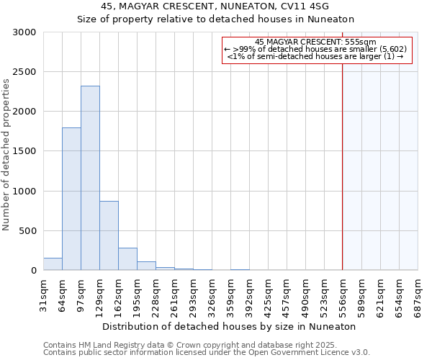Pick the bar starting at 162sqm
click(127, 259)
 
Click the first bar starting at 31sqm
click(53, 264)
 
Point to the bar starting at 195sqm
click(146, 266)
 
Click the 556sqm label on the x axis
click(343, 297)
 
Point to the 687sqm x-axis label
click(418, 297)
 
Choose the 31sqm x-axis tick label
click(43, 295)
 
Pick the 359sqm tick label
click(230, 297)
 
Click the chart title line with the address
click(215, 6)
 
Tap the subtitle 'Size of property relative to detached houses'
click(215, 19)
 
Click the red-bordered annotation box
click(317, 50)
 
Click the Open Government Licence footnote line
click(206, 352)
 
